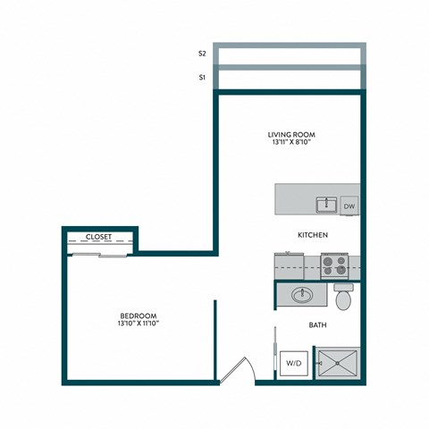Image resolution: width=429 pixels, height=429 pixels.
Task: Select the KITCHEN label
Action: click(x=313, y=235)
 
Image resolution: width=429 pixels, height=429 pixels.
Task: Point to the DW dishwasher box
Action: click(x=349, y=205)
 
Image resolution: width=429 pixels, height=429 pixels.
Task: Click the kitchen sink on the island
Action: click(x=324, y=205)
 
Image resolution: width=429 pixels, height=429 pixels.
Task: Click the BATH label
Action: click(x=317, y=325)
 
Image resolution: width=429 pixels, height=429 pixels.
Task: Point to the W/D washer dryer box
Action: click(x=291, y=364)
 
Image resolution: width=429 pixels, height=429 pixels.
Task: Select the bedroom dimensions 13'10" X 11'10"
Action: click(x=139, y=324)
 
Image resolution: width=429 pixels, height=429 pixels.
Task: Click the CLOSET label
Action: click(x=98, y=238)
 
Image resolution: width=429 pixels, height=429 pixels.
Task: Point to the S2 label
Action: click(x=203, y=54)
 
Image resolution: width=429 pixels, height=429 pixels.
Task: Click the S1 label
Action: click(x=203, y=78)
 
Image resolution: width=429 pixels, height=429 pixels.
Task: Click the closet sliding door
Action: click(x=99, y=254)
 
